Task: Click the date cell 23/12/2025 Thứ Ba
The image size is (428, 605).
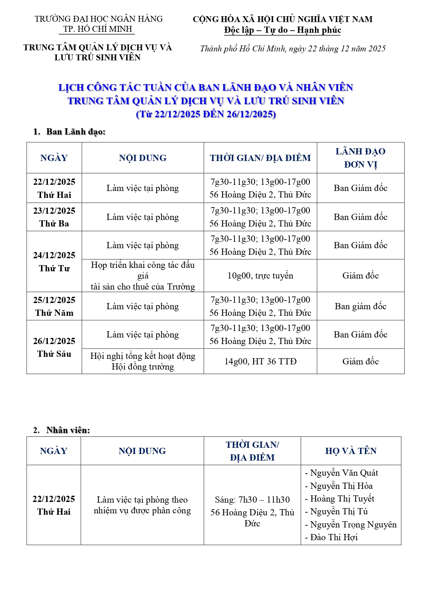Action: coord(54,217)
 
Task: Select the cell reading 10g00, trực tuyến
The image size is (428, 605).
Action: coord(260,276)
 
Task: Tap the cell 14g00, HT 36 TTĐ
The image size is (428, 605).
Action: coord(260,361)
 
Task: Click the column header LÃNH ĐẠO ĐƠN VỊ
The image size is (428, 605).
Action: coord(360,158)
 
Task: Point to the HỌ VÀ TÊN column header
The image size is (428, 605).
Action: coord(351,451)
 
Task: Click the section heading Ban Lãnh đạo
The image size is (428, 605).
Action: coord(76,132)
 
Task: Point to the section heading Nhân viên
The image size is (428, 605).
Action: coord(68,430)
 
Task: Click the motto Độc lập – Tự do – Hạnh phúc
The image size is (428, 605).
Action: coord(282,30)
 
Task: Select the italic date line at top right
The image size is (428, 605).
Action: coord(293,49)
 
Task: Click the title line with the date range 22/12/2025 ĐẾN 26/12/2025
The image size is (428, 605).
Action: coord(206,114)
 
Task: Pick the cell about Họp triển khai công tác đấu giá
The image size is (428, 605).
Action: coord(143,276)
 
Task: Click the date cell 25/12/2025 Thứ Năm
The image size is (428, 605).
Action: coord(54,306)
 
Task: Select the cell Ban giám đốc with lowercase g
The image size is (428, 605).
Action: coord(360,306)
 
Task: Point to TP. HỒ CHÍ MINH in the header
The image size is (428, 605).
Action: coord(98,29)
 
